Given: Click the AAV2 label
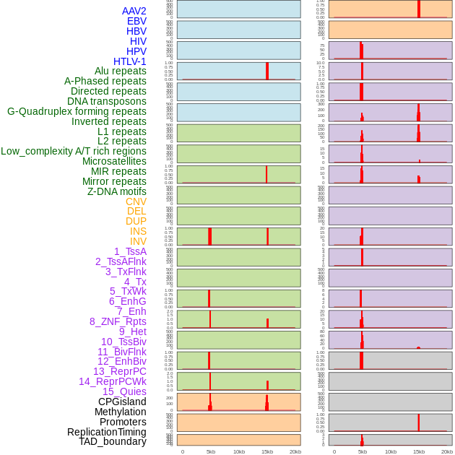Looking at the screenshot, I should tap(134, 11).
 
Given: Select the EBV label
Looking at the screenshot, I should tap(136, 21).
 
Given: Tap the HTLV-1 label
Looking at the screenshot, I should tap(129, 61).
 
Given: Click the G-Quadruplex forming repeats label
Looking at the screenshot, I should tap(77, 111).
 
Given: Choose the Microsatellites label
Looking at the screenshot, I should tap(114, 161).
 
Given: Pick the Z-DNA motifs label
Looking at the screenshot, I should tap(116, 191).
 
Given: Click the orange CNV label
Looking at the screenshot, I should tap(136, 201).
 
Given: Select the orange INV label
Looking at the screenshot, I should tap(138, 241).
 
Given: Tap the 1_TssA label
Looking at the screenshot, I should tap(130, 251).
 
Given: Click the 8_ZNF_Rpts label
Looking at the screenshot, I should tap(118, 321).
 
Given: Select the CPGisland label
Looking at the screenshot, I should tap(122, 402).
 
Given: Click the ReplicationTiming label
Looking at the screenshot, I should tap(106, 432).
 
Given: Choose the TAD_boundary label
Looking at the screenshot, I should tap(112, 441).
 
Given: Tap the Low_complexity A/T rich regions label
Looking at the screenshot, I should tap(73, 151).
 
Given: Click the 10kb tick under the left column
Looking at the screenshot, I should tap(239, 451).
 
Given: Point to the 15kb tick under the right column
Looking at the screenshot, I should tap(419, 451).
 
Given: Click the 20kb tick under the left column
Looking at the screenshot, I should tap(295, 451).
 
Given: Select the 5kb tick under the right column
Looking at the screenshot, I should tap(363, 451).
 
